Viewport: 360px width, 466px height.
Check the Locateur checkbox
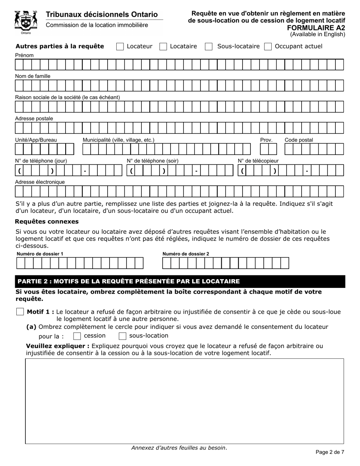click(120, 47)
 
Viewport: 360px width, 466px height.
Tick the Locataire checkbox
click(163, 47)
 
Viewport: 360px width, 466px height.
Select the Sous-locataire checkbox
click(208, 47)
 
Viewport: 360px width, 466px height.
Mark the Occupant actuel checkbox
click(268, 47)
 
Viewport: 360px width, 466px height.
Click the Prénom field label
click(24, 55)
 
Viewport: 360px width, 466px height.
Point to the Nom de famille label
click(33, 76)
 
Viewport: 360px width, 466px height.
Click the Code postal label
click(299, 140)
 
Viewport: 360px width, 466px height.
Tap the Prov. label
click(266, 140)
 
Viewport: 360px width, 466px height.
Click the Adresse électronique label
click(40, 182)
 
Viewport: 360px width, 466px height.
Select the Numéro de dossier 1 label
click(40, 254)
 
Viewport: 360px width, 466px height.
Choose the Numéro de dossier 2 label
click(186, 254)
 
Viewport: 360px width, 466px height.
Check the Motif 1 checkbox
click(20, 312)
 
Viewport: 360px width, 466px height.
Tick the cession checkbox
click(77, 336)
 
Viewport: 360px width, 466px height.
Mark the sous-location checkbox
click(122, 336)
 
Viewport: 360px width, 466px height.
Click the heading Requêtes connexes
click(47, 221)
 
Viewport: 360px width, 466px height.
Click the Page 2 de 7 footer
click(330, 452)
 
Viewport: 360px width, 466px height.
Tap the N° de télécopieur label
click(258, 161)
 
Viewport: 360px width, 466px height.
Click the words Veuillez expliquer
click(58, 346)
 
